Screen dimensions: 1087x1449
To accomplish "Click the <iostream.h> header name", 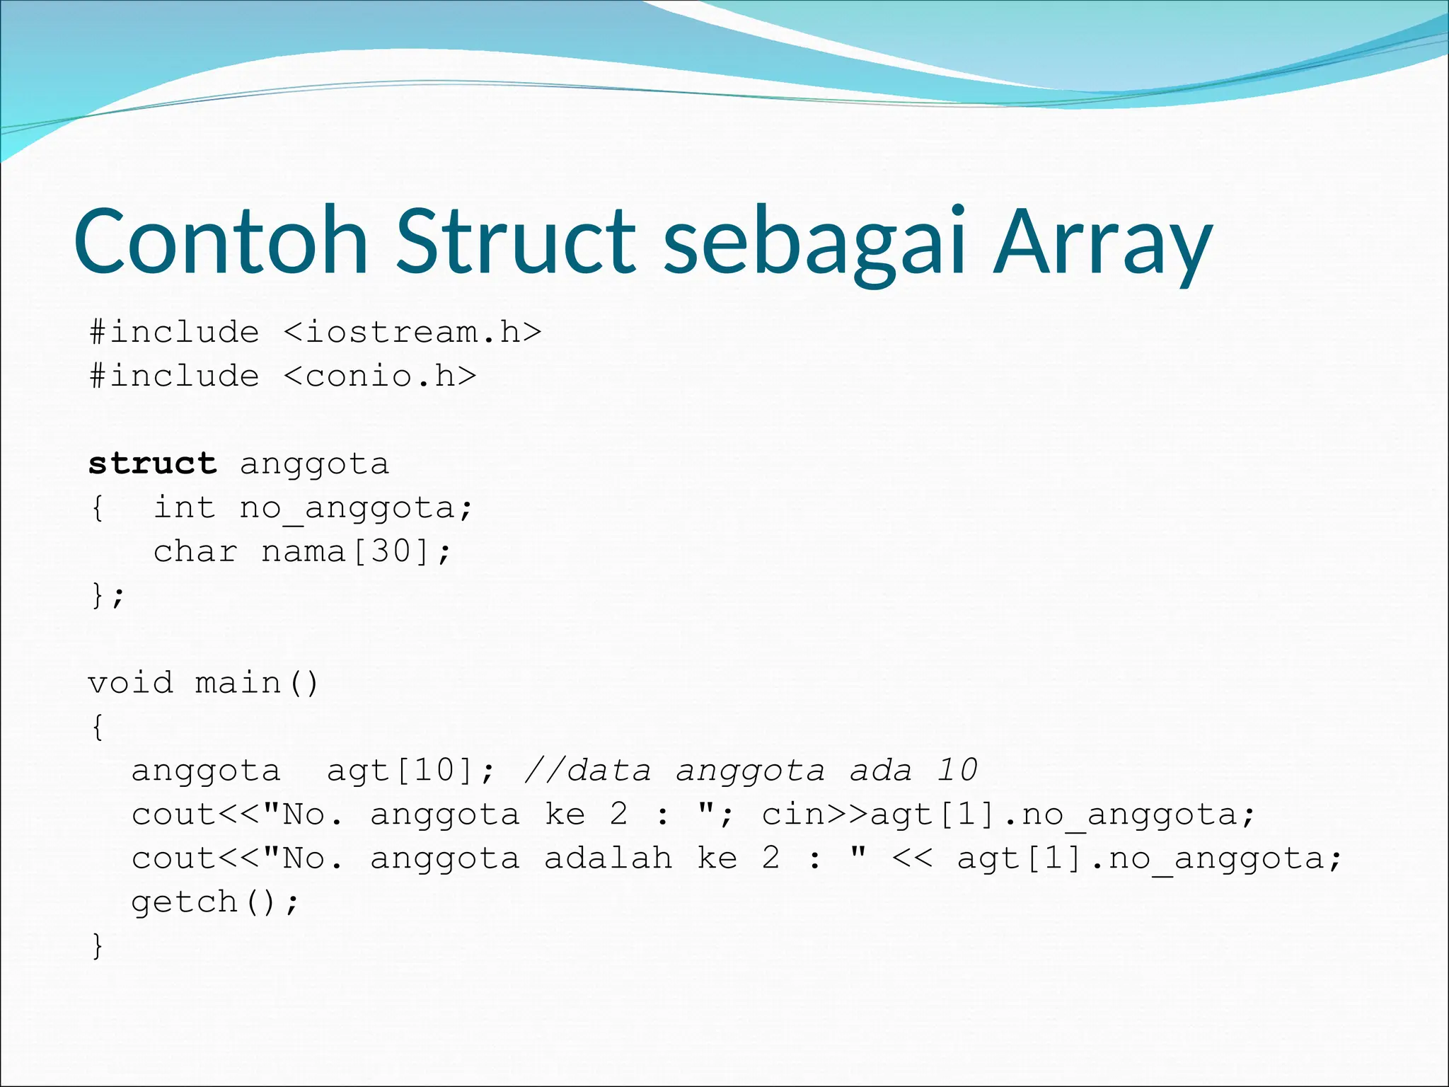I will [x=412, y=333].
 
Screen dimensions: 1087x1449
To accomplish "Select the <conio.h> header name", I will [x=380, y=376].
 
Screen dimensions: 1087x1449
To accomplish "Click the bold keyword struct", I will [x=152, y=464].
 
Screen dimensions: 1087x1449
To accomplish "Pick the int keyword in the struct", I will [x=184, y=508].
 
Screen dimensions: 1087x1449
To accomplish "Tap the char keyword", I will [x=195, y=552].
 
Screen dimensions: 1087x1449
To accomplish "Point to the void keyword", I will [x=130, y=684].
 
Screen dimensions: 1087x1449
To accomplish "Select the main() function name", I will [x=256, y=684].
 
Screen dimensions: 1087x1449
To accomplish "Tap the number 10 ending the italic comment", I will [x=957, y=770].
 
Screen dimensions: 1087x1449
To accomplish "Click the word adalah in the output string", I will [x=608, y=859].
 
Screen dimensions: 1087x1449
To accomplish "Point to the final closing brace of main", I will [x=98, y=946].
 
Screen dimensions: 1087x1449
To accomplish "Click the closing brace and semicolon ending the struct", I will [x=108, y=596].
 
